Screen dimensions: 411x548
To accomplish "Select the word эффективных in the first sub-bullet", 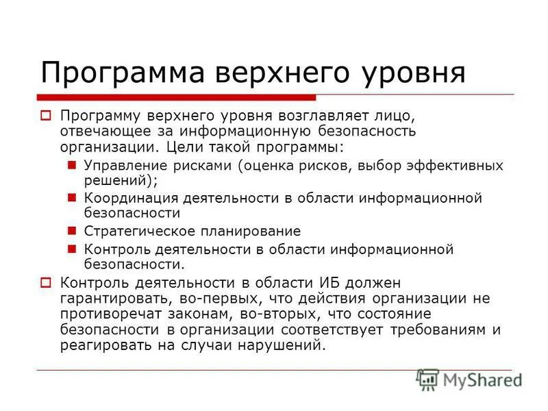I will (458, 166).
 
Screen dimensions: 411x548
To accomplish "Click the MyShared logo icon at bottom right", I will (427, 379).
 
